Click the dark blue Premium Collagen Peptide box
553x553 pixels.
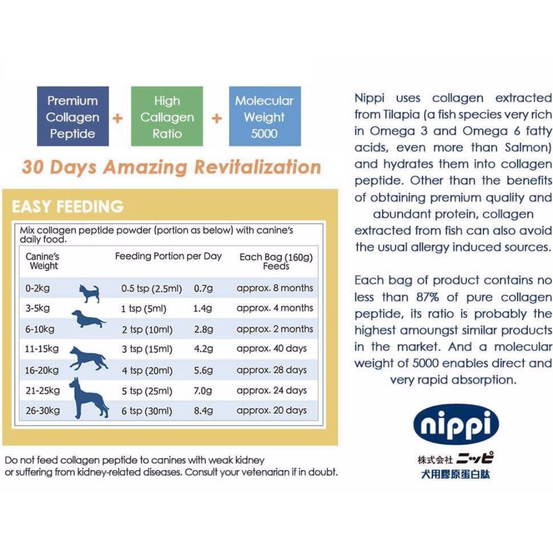[73, 117]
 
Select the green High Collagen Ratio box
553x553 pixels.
[167, 117]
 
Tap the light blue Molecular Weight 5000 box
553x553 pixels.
[264, 117]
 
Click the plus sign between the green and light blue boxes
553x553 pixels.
[216, 118]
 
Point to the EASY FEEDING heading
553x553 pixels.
[68, 206]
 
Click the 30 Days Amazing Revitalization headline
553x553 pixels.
[171, 167]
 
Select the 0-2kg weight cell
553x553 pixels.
[38, 288]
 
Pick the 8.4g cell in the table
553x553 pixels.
[203, 411]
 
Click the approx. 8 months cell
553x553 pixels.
[274, 288]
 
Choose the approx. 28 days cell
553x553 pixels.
[271, 370]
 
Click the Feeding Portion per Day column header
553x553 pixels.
[168, 256]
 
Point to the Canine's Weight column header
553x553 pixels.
[44, 261]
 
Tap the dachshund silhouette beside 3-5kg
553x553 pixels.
[88, 319]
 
